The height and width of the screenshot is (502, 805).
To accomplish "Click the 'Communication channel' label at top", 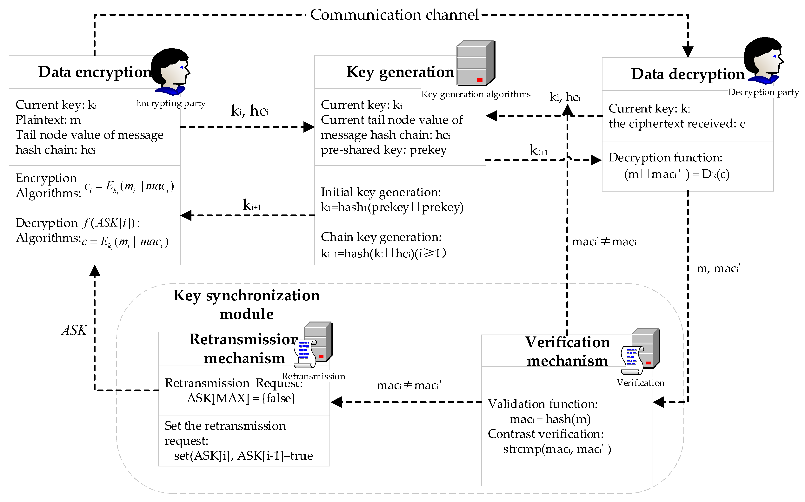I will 394,15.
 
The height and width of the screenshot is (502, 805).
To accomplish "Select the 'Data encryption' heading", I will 95,72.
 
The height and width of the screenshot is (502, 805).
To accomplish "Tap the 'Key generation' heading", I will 400,72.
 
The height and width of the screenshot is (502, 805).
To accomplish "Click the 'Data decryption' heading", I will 688,74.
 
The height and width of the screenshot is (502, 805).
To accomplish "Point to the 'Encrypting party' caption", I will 170,103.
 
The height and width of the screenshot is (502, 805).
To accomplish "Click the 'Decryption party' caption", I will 763,92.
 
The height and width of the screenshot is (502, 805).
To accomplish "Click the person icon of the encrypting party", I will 170,71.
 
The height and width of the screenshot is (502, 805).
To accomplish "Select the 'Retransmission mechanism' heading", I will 244,349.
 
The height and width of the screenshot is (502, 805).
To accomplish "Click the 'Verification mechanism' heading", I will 567,351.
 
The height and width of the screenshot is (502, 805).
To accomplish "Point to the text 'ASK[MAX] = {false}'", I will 241,398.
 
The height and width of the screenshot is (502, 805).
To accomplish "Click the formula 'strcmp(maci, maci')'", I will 557,449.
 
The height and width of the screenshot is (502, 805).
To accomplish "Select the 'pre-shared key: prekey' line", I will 384,150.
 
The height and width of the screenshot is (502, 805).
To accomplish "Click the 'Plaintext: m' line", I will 48,120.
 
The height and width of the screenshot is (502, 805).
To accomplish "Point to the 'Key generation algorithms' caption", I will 476,94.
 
